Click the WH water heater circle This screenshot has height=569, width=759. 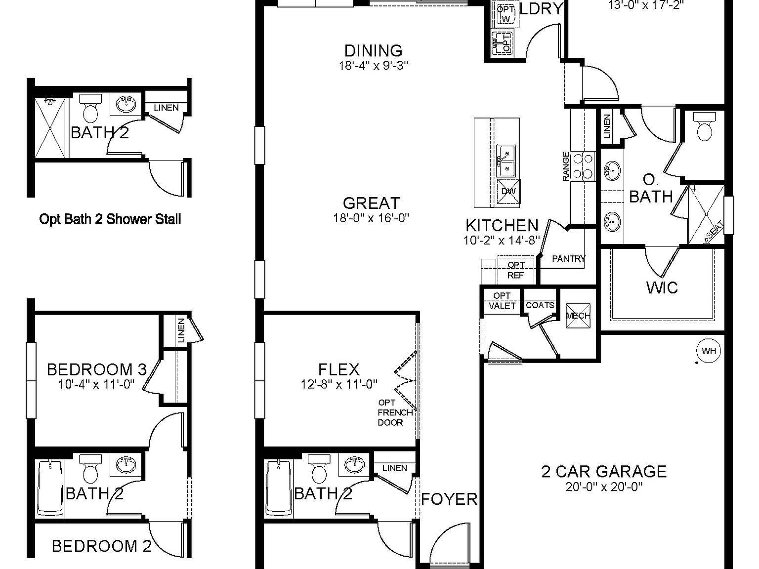tap(709, 351)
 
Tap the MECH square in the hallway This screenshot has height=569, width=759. tap(578, 316)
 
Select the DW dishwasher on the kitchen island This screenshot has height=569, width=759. tap(508, 192)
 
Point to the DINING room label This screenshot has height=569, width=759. tap(373, 50)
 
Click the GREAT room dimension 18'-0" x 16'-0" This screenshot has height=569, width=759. tap(371, 217)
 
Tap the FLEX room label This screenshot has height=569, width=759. tap(339, 369)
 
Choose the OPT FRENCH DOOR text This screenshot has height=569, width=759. tap(395, 412)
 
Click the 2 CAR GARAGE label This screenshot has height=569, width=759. tap(604, 471)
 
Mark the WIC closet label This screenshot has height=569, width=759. tap(662, 287)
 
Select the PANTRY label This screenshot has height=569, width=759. tap(568, 258)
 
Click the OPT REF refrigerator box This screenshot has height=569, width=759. tap(516, 270)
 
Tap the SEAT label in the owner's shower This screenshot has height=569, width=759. tap(715, 229)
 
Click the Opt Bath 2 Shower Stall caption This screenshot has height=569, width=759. tap(110, 219)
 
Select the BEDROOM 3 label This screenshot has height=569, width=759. tap(97, 369)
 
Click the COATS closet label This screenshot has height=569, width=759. tap(540, 305)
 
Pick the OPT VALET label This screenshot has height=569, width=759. tap(502, 301)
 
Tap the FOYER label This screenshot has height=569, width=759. tap(449, 499)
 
